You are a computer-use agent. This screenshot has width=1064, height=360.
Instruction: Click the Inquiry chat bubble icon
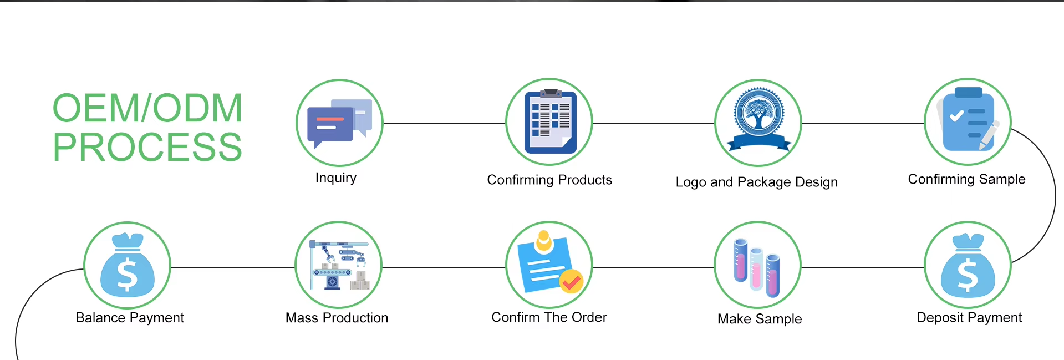[x=339, y=123]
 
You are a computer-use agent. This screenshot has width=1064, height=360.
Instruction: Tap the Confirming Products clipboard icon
[x=549, y=122]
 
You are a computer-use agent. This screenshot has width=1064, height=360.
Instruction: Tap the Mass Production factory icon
[x=339, y=265]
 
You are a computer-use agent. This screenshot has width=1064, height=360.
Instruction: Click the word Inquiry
[x=336, y=178]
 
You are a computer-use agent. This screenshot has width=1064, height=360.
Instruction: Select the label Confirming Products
[x=549, y=180]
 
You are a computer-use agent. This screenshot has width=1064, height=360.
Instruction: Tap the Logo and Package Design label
[x=757, y=182]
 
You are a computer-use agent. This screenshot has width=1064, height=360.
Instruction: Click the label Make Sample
[x=760, y=319]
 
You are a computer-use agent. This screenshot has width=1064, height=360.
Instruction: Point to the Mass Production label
[x=337, y=318]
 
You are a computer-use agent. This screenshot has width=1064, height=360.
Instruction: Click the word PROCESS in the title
[x=147, y=147]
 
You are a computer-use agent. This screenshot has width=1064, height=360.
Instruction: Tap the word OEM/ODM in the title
[x=147, y=108]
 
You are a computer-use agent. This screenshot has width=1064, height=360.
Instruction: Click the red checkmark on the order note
[x=571, y=282]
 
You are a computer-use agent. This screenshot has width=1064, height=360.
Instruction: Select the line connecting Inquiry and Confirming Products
[x=444, y=124]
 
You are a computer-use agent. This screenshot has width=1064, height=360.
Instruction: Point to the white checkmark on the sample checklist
[x=956, y=116]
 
